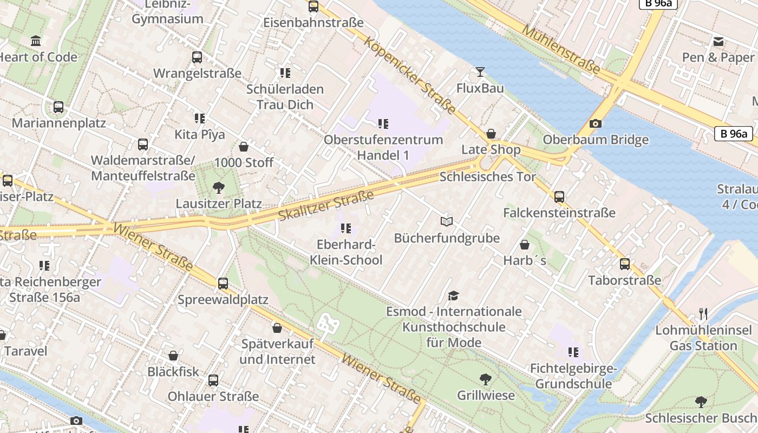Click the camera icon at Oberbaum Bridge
coord(595,124)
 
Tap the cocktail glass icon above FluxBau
coord(480,72)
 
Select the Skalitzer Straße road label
coord(326,205)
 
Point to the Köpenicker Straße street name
coord(410,76)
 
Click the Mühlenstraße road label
coord(561,49)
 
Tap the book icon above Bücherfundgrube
coord(446,221)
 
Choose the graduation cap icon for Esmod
coord(453,296)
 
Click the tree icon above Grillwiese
coord(486,379)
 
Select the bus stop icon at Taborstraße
coord(625,264)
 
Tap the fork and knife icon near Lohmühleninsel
coord(703,313)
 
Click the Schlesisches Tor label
coord(487,177)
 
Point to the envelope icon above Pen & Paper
coord(718,42)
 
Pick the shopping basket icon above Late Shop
coord(491,134)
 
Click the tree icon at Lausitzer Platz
coord(219,188)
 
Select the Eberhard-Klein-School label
coord(345,252)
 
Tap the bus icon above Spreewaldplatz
coord(223,283)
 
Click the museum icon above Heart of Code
coord(36,41)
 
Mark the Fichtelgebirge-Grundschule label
coord(573,376)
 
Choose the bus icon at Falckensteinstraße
coord(559,197)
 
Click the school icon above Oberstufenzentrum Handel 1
coord(383,124)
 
